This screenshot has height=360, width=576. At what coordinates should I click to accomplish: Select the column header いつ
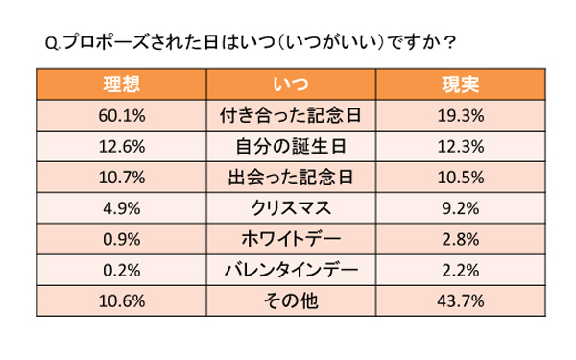(287, 84)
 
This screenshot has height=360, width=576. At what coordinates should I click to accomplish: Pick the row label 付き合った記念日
(287, 115)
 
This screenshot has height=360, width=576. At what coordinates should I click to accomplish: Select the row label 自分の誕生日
(287, 146)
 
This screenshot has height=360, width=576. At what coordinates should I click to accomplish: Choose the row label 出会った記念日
(287, 177)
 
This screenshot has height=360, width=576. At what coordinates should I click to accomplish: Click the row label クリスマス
(287, 207)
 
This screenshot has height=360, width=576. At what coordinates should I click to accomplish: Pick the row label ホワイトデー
(287, 238)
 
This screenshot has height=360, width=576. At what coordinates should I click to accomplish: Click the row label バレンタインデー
(287, 269)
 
